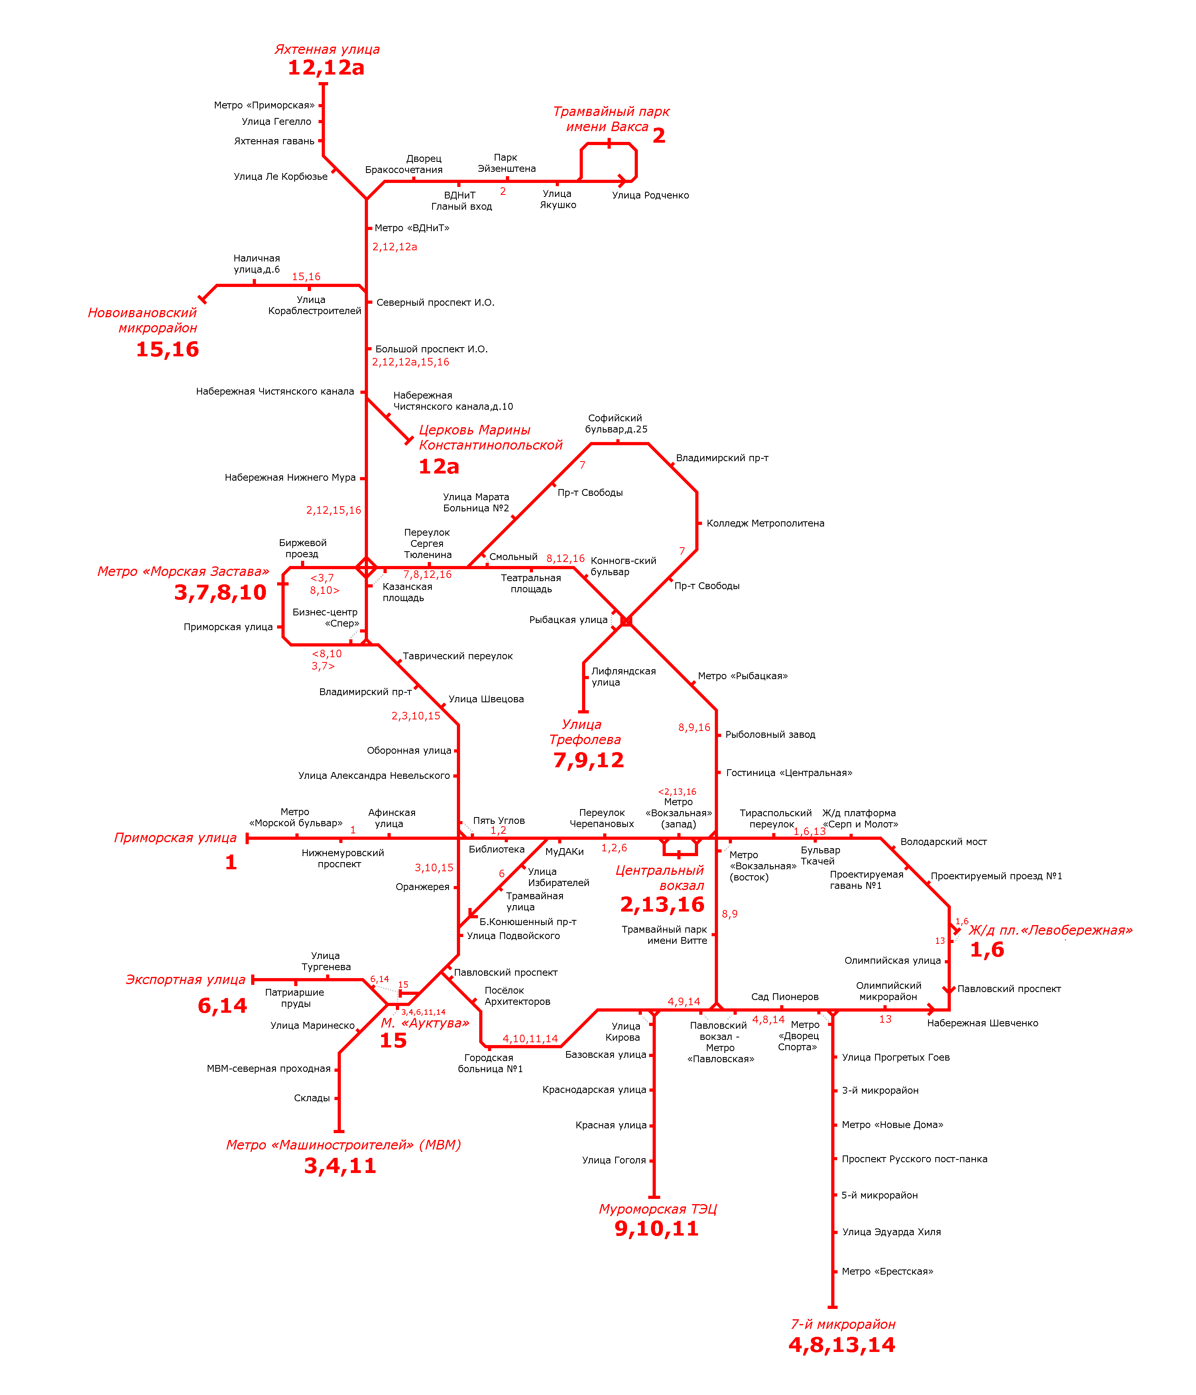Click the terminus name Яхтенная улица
click(327, 49)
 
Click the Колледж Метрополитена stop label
click(765, 523)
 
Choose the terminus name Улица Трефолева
click(584, 732)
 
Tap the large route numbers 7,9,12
click(588, 760)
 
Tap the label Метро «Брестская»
click(887, 1271)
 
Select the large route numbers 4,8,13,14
click(841, 1359)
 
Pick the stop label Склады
click(312, 1098)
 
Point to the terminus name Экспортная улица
click(185, 980)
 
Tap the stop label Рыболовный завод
click(770, 735)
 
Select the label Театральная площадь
click(531, 583)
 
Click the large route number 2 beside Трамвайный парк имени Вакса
click(659, 136)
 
